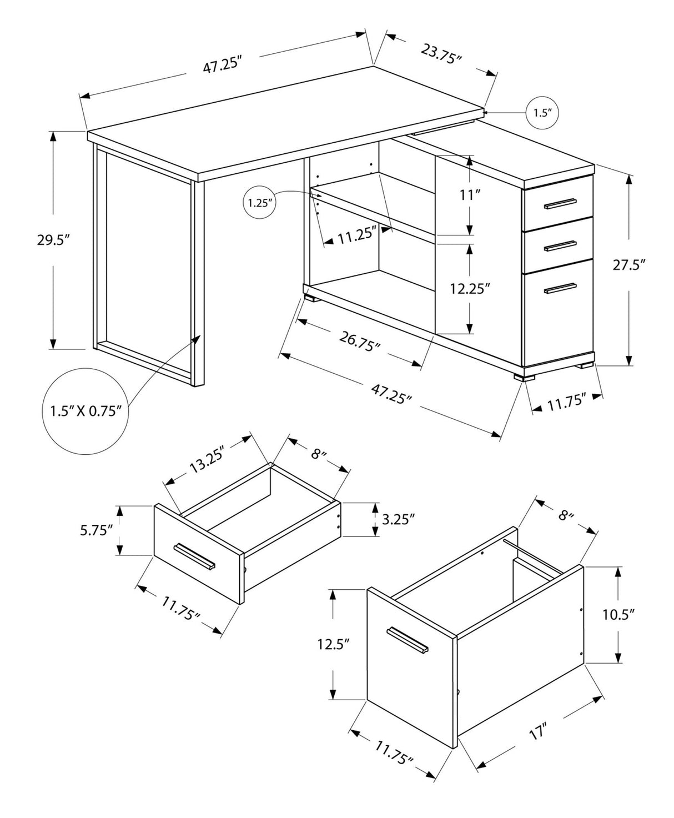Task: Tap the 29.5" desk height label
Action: [x=53, y=240]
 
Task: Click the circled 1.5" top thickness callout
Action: [x=542, y=113]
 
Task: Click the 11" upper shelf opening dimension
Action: [x=469, y=195]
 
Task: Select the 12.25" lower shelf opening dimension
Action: [x=470, y=289]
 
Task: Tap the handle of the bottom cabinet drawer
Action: [x=560, y=288]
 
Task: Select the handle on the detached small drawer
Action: [x=194, y=556]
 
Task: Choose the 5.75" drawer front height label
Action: [x=97, y=530]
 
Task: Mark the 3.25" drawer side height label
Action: [x=399, y=520]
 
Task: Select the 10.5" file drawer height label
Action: [x=618, y=614]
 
